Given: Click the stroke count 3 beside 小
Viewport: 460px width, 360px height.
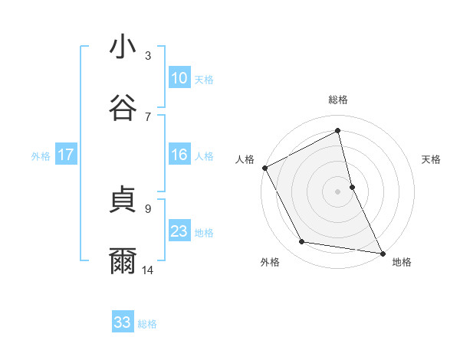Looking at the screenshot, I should [x=148, y=56].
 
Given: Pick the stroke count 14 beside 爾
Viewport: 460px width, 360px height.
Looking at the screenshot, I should [x=148, y=270].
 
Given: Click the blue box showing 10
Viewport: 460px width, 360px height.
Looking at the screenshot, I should [x=179, y=78].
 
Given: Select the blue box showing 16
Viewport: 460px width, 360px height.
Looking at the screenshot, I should [x=179, y=155].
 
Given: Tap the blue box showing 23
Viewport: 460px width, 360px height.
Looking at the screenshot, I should [x=179, y=231].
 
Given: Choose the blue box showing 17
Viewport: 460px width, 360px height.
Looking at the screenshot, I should [x=66, y=155].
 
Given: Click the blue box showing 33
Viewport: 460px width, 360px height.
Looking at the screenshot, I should [x=123, y=322].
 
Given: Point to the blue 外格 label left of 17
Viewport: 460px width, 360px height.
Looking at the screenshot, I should [x=41, y=155].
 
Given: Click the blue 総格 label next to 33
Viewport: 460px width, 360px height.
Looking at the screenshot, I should [x=147, y=324].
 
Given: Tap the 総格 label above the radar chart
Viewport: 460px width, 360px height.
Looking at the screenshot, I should [x=337, y=100].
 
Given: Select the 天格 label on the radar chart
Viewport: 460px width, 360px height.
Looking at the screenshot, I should [x=431, y=159].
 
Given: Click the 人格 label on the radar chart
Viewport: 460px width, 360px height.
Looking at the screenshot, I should [x=245, y=159].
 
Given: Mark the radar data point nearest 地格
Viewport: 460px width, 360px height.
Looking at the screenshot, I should [x=382, y=253].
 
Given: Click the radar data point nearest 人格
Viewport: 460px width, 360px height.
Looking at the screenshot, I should [x=265, y=167].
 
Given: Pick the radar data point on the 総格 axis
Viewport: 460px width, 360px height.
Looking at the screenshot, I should [x=337, y=130].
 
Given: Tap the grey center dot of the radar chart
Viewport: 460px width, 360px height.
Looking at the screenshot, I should [x=337, y=191].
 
